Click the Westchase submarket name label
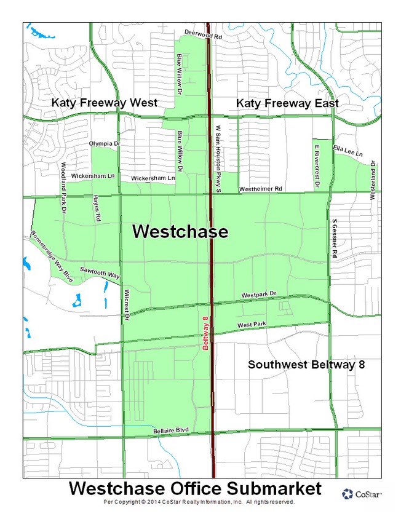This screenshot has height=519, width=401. click(180, 232)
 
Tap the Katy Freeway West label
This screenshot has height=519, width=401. click(104, 103)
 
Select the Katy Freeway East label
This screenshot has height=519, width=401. click(287, 103)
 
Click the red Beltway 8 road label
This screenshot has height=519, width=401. click(206, 333)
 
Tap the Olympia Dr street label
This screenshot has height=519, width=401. click(102, 143)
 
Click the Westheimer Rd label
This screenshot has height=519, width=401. click(260, 188)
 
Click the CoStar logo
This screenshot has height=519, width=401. click(362, 494)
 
